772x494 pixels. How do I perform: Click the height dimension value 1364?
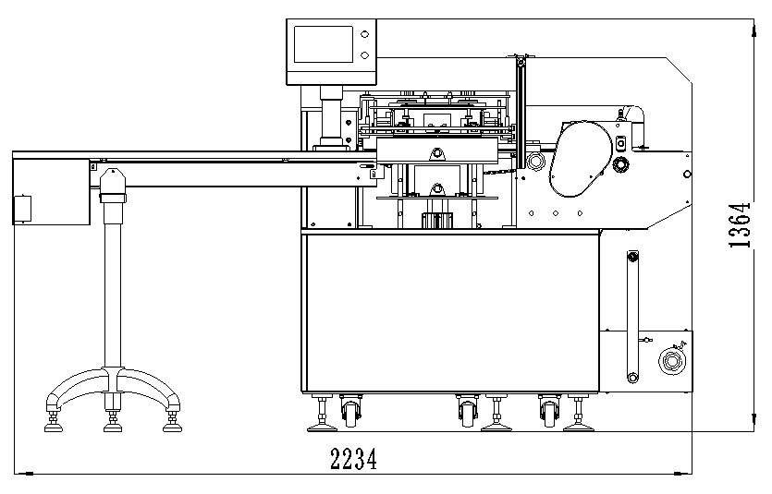[x=738, y=226]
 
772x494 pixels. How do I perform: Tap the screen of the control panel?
[x=323, y=46]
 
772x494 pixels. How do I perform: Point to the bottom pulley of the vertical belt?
[x=632, y=376]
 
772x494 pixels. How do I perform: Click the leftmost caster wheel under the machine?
[x=351, y=411]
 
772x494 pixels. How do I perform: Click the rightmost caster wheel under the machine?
[x=549, y=411]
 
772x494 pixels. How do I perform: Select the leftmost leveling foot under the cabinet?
[x=323, y=416]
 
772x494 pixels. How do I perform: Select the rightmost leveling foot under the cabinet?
[x=579, y=416]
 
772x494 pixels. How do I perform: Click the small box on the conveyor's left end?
[x=21, y=209]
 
